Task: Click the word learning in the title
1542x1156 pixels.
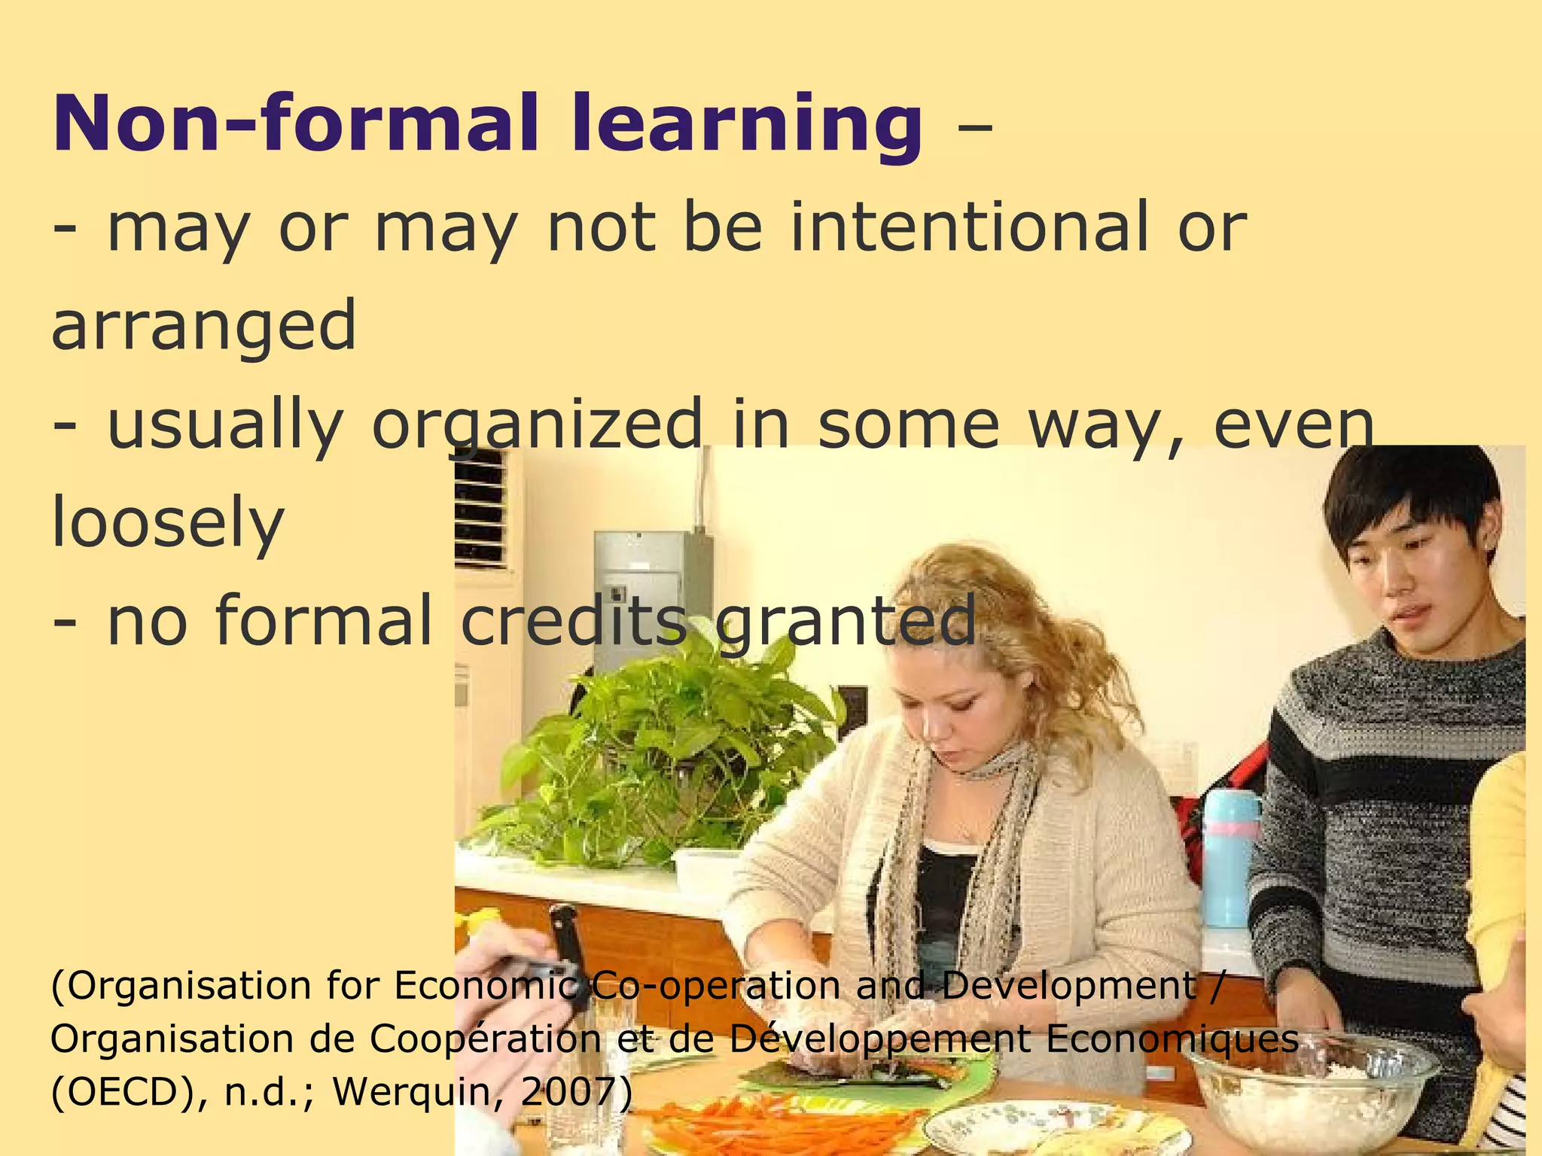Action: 745,124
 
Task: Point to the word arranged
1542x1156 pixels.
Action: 203,325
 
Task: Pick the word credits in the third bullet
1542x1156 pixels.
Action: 572,621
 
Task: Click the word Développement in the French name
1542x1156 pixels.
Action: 881,1040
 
